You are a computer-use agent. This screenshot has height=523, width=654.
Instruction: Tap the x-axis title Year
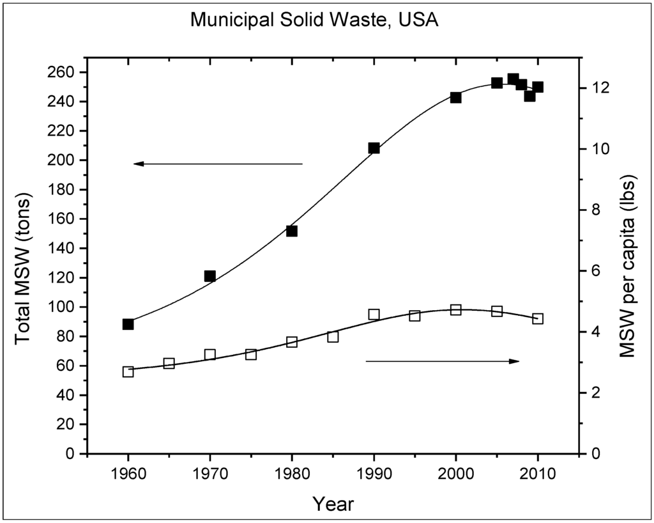point(333,504)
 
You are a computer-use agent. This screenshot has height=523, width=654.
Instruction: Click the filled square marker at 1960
point(128,324)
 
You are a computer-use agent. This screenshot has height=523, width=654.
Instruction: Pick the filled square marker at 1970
point(209,276)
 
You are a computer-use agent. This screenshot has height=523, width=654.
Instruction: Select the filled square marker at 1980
point(292,231)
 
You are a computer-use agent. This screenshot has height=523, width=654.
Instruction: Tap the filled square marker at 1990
point(374,148)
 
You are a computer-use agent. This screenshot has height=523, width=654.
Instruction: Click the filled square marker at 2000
point(455,98)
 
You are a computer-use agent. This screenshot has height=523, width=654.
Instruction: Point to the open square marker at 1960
point(128,371)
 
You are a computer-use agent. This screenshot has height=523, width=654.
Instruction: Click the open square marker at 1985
point(333,336)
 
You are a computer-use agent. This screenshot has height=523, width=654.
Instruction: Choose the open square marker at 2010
point(538,318)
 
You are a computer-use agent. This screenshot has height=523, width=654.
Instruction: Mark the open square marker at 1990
point(374,315)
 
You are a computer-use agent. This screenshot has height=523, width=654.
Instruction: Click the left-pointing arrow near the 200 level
point(217,164)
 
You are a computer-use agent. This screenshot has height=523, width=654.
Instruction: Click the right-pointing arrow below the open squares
point(443,361)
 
